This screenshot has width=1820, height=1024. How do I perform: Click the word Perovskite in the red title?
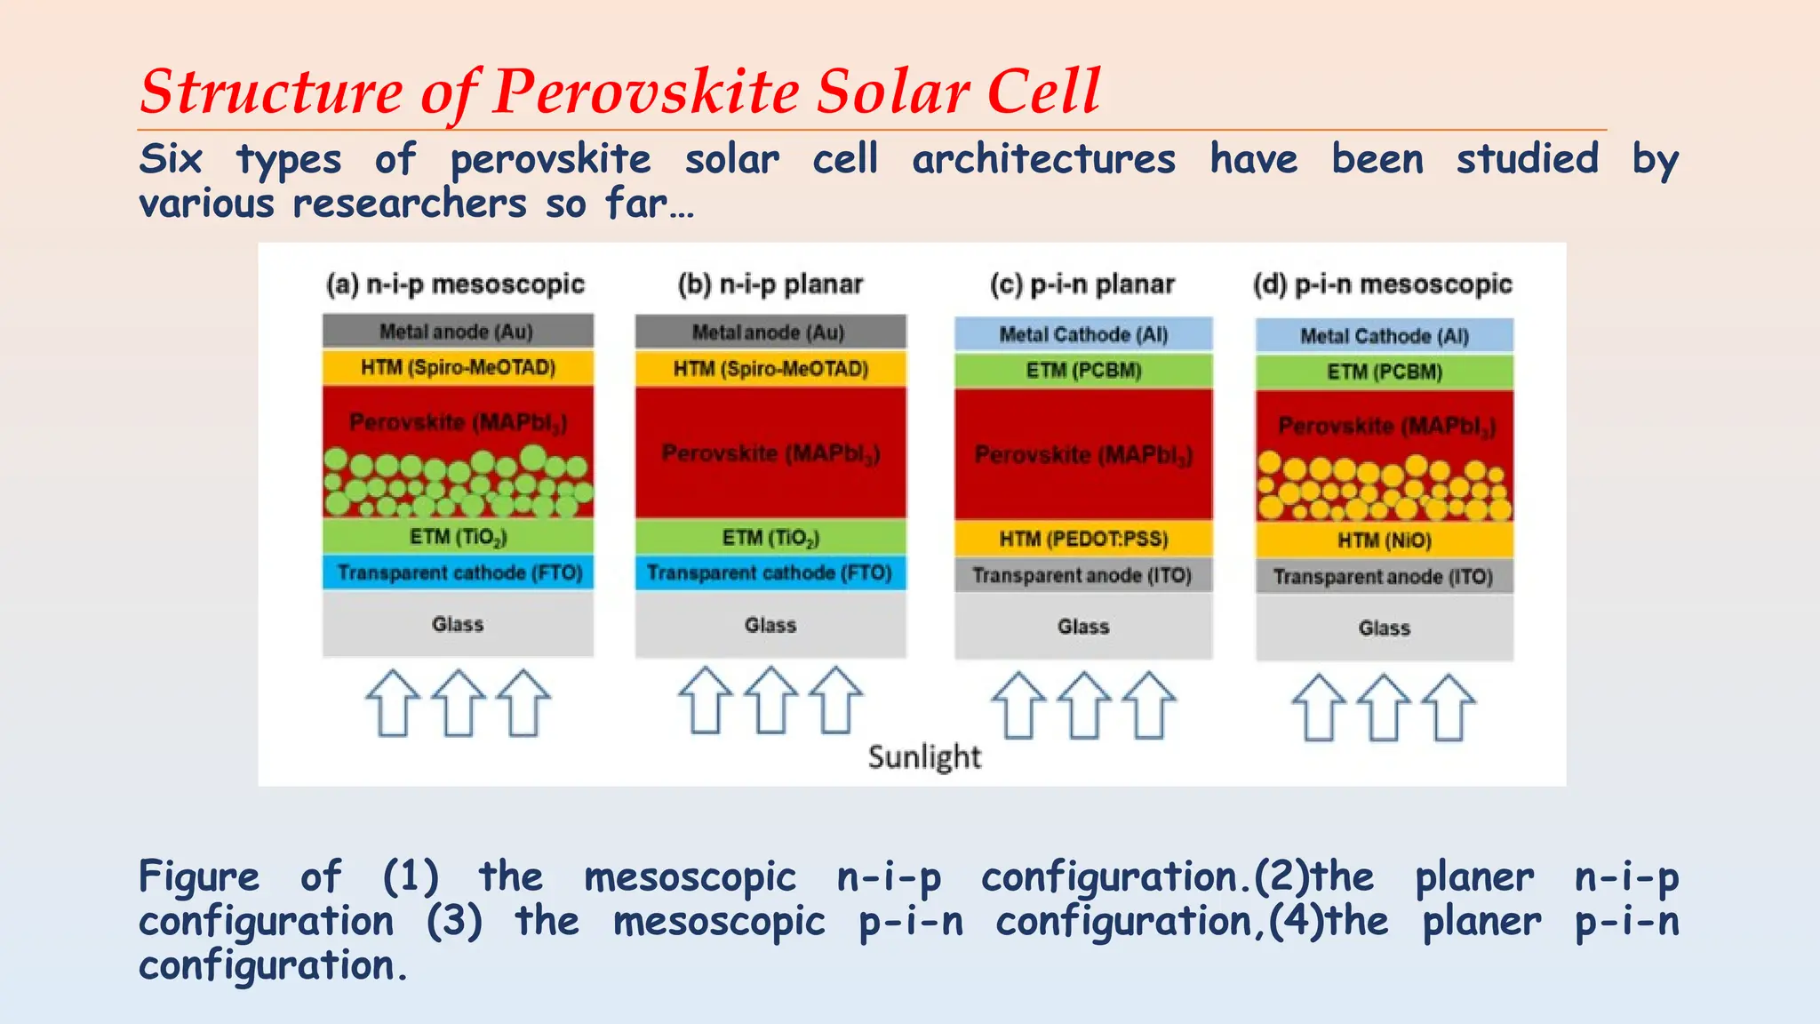(647, 92)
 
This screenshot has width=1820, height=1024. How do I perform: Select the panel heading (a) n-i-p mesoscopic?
(455, 284)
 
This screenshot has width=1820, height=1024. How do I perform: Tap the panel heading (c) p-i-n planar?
(1082, 284)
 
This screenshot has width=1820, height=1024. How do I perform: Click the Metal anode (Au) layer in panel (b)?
(770, 332)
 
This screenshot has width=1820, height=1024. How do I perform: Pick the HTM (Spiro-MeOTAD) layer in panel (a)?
(458, 367)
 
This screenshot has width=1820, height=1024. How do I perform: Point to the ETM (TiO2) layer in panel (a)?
(458, 537)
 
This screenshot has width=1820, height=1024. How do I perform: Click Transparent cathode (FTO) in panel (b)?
(770, 572)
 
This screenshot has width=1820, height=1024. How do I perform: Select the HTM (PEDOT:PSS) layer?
(1083, 539)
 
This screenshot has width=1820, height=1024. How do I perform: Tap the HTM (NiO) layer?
(1384, 540)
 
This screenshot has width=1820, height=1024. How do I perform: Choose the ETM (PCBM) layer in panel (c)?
(1083, 371)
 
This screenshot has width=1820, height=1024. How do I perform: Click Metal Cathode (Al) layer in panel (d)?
(1384, 336)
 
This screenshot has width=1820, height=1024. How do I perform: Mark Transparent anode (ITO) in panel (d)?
(1384, 577)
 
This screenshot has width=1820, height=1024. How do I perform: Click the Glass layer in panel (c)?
(1083, 627)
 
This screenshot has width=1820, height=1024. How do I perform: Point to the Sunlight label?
(924, 757)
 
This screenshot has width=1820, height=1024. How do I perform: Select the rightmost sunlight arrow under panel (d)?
(1449, 708)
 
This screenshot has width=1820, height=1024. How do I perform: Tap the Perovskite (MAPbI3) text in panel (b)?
(770, 453)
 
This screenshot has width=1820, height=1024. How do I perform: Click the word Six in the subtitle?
(171, 160)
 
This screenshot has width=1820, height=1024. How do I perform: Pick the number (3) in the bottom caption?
(454, 921)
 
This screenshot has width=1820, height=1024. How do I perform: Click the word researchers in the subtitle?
(410, 204)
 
